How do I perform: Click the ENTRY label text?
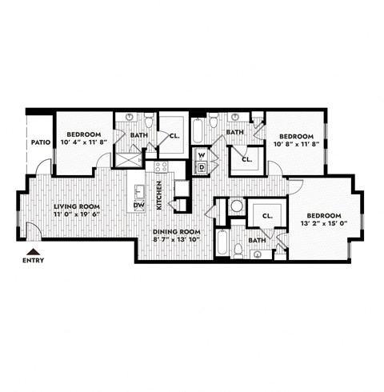pos(34,260)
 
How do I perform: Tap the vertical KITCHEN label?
pos(159,194)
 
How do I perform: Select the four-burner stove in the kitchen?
pos(161,167)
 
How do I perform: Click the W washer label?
pos(202,154)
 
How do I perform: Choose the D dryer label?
pos(202,166)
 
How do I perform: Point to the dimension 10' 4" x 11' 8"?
pos(82,142)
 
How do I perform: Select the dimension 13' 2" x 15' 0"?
pos(325,224)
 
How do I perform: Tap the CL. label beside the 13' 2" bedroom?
pos(268,215)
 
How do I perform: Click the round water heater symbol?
pos(236,206)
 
